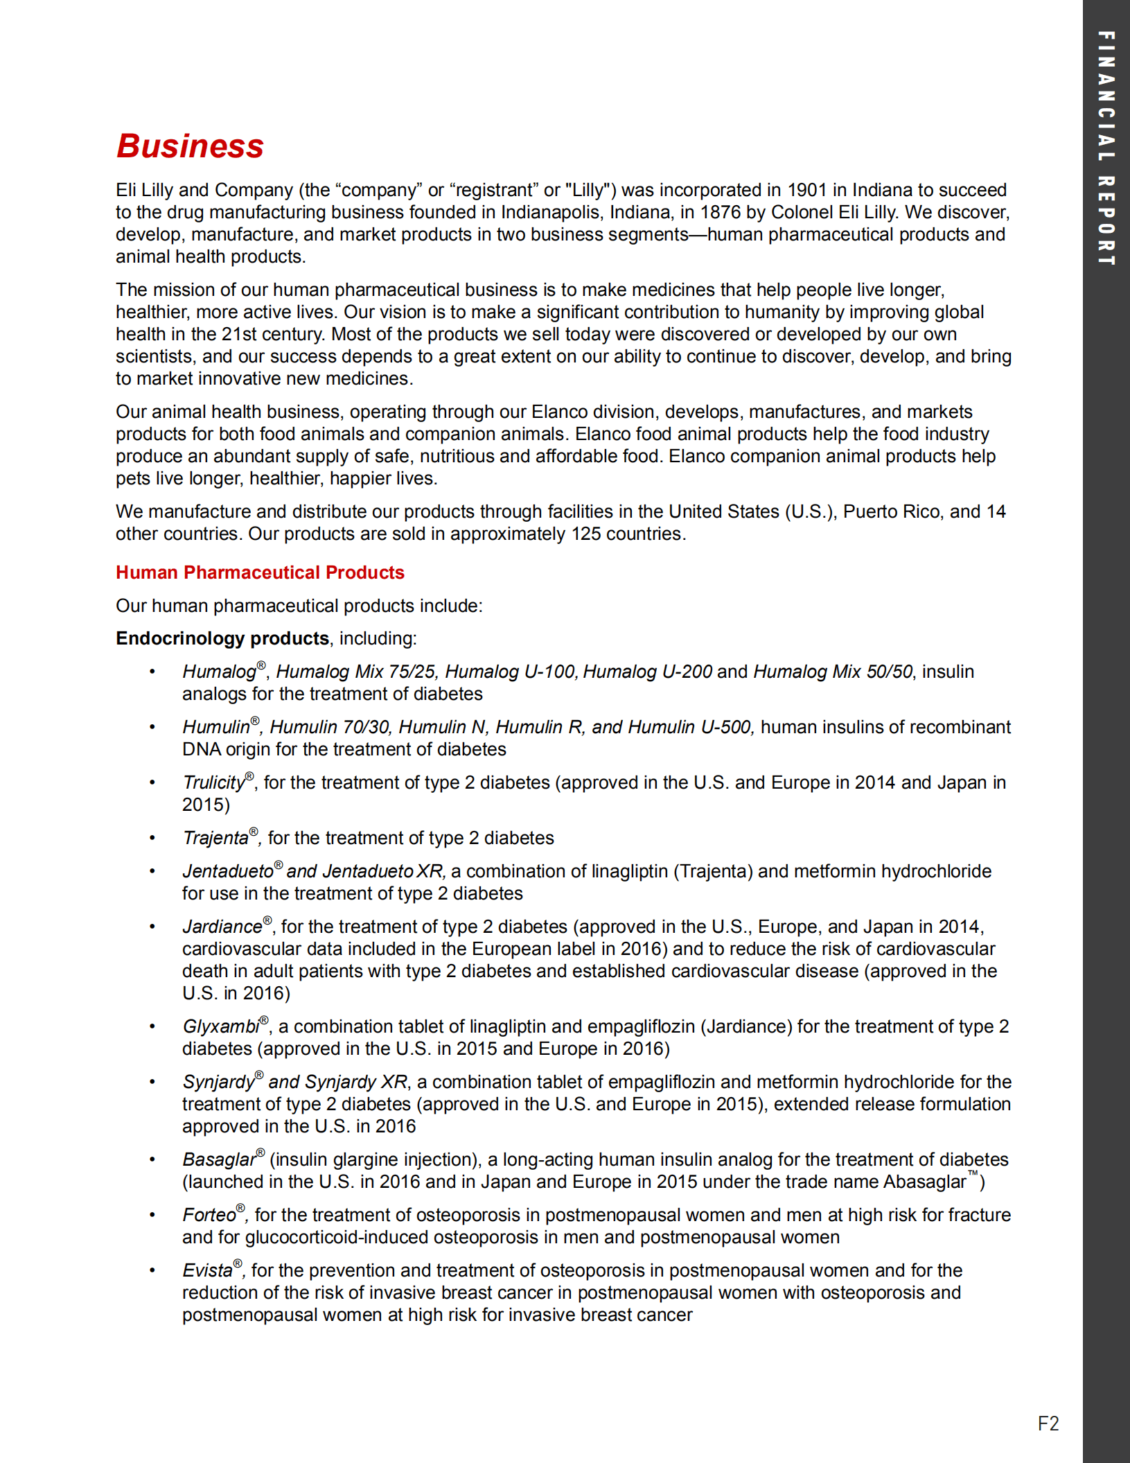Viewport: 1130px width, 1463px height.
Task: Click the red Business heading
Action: click(x=190, y=146)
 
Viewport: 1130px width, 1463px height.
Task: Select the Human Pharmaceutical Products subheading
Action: click(x=260, y=572)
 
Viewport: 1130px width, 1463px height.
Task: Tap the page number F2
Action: click(x=1048, y=1423)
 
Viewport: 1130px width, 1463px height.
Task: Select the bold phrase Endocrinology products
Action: click(x=222, y=638)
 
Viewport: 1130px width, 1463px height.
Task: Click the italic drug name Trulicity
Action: click(x=213, y=783)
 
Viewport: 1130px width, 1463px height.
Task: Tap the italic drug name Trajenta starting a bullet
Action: click(x=215, y=839)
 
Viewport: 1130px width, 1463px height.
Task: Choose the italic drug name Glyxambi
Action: click(x=220, y=1027)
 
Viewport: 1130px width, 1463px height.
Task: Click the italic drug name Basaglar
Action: click(x=218, y=1160)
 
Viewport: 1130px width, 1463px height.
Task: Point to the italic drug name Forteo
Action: click(x=209, y=1216)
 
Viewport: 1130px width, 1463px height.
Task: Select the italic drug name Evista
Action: click(x=207, y=1271)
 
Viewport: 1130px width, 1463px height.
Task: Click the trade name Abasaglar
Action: click(x=924, y=1182)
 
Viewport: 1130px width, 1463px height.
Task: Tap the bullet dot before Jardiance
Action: click(x=152, y=927)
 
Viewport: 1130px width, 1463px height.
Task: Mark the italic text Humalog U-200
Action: click(x=647, y=672)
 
